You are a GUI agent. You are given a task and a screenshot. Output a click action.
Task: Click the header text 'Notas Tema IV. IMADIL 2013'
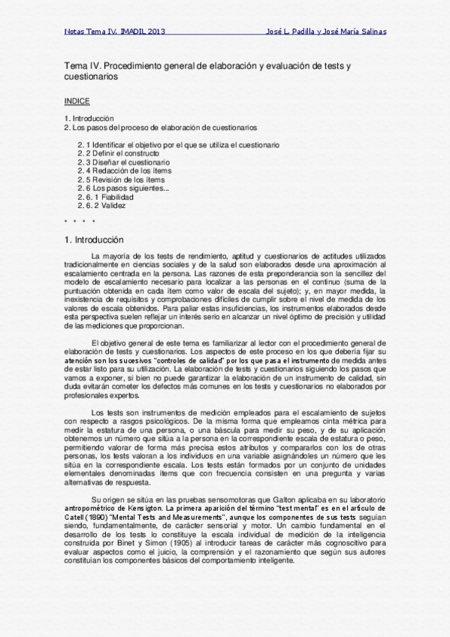[x=114, y=32]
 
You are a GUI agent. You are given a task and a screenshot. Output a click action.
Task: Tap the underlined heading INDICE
[x=77, y=100]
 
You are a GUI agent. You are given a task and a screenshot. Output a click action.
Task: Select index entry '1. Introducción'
[x=89, y=119]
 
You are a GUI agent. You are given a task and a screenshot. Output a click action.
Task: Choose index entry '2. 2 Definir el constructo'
[x=118, y=153]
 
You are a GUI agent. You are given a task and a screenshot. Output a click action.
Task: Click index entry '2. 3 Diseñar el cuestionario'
[x=123, y=162]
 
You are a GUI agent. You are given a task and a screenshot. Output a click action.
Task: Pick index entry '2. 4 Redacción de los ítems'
[x=124, y=171]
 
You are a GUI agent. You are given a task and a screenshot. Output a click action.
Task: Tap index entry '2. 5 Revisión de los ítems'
[x=122, y=180]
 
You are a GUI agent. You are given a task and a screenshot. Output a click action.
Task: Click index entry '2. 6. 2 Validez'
[x=105, y=206]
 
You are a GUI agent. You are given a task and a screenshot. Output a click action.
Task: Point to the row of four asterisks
[x=80, y=222]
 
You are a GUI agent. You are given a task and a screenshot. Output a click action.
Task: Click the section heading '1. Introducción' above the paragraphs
[x=93, y=240]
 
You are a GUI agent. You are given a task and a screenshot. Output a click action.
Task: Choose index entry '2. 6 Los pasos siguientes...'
[x=123, y=188]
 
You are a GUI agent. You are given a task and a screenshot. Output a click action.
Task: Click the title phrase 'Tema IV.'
[x=82, y=66]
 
